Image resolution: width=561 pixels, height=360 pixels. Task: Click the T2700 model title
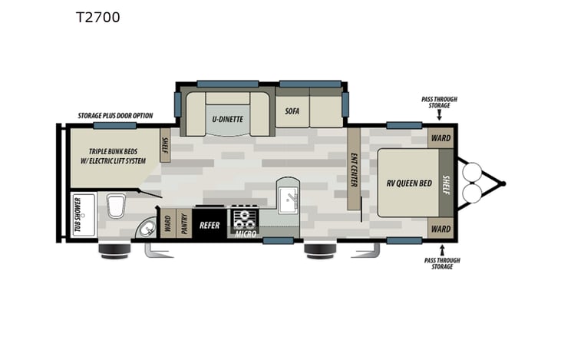coord(97,17)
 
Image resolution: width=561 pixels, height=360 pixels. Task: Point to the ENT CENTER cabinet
coord(354,169)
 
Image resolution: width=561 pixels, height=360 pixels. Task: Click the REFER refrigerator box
coord(210,225)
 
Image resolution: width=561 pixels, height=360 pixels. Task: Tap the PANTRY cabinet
coord(184,224)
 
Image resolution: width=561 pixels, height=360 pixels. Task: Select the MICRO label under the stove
coord(245,233)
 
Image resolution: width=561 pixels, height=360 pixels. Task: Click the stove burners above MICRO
coord(245,216)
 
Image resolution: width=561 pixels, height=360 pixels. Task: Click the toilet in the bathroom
coord(116,205)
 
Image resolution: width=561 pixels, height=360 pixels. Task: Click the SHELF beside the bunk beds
coord(164,146)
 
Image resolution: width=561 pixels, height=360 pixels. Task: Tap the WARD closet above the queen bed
coord(440,138)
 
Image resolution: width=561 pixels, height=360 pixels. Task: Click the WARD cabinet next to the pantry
coord(167,224)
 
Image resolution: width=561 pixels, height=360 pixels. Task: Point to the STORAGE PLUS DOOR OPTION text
coord(115,116)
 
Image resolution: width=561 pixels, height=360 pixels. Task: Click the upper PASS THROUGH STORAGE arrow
coord(439,116)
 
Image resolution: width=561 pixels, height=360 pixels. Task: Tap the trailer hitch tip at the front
coord(503,183)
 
